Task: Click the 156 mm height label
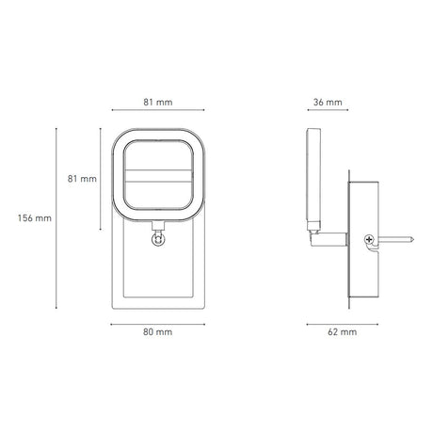pos(35,217)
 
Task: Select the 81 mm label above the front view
pos(156,101)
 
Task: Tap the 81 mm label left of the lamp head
pos(83,178)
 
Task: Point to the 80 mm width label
pos(156,332)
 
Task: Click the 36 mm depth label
pos(327,101)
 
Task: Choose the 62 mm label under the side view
pos(342,332)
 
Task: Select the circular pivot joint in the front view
pos(156,240)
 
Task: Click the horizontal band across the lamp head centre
pos(156,175)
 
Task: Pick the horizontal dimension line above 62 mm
pos(342,322)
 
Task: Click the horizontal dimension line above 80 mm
pos(156,322)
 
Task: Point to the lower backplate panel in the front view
pos(156,278)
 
